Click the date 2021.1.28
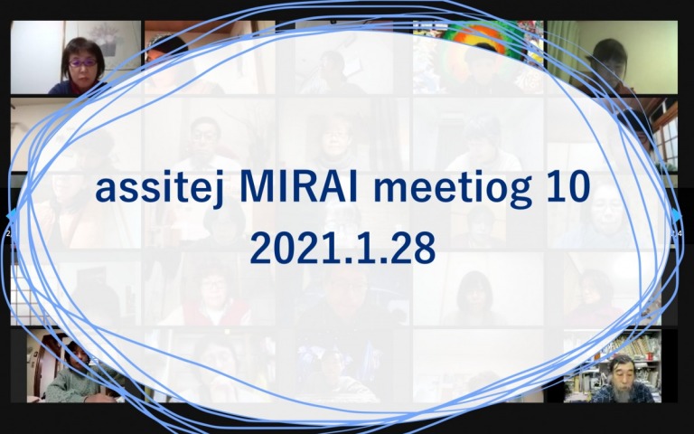tap(343, 249)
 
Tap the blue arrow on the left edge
tap(12, 216)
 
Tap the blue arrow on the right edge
tap(677, 216)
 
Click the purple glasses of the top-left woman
tap(83, 63)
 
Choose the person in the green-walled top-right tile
tap(607, 66)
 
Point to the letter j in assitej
tap(220, 191)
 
